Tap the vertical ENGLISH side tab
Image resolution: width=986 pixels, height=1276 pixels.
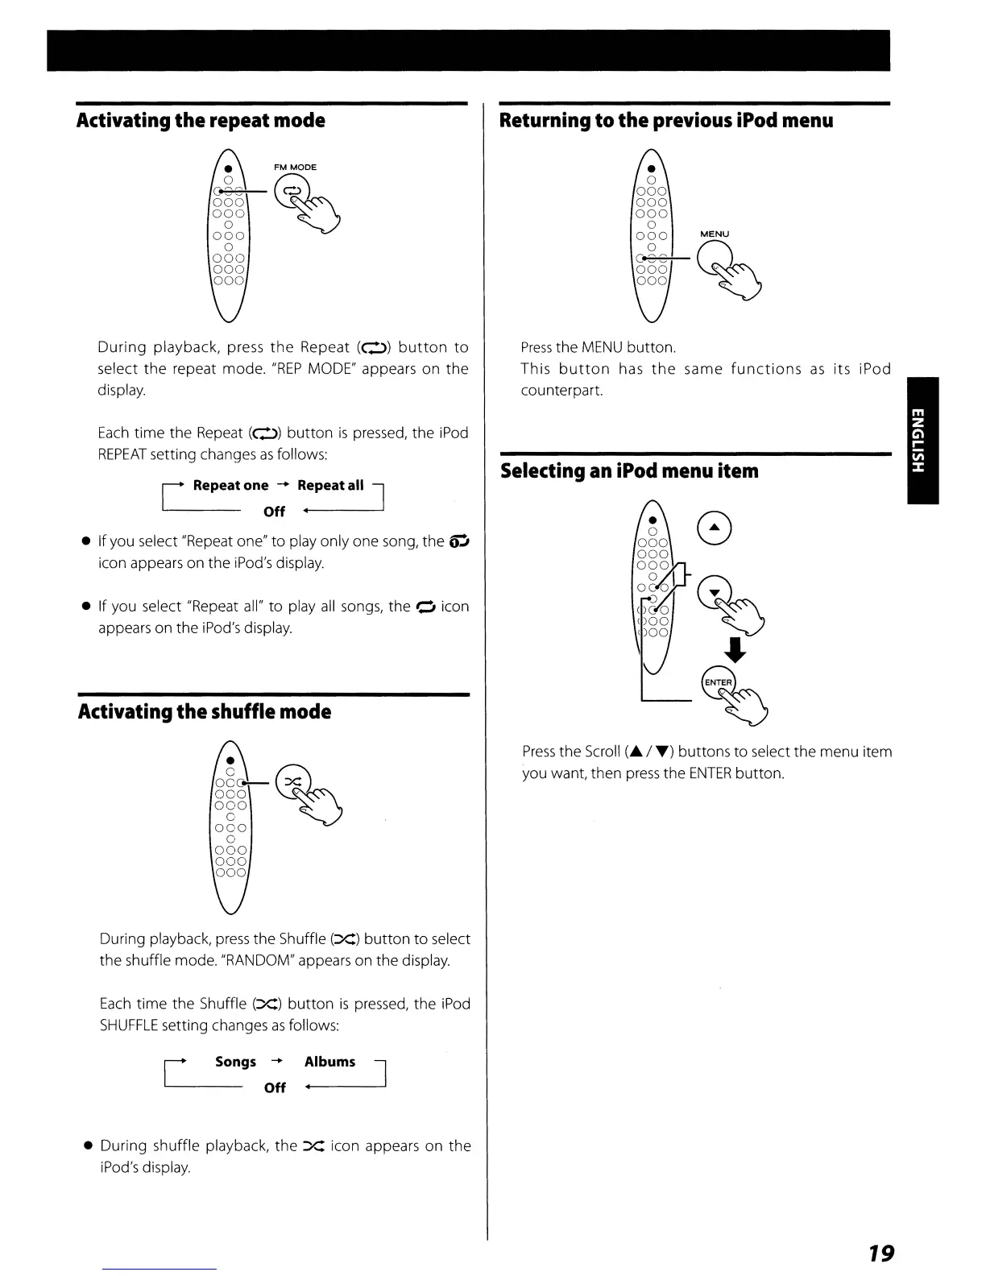922,440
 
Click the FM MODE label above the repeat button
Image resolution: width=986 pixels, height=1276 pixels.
295,168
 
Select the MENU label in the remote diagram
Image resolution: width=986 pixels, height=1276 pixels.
715,234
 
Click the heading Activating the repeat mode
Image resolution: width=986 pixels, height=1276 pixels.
201,122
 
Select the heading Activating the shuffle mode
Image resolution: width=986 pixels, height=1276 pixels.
205,712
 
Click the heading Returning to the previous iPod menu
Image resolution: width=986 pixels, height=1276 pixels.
666,122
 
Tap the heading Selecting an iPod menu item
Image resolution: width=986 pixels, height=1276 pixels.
629,471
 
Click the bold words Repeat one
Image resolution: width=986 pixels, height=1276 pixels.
230,486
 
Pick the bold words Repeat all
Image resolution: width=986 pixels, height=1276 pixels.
330,486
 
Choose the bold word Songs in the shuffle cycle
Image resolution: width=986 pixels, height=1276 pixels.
235,1062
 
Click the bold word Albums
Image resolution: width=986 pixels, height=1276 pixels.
329,1062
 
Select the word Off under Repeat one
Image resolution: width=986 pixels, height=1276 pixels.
274,512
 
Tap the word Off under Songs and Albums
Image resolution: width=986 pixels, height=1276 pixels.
275,1088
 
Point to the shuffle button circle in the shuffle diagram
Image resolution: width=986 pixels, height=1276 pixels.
290,781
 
